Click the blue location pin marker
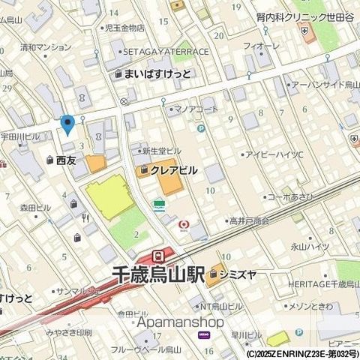67,124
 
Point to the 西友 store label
66,160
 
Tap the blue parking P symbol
200,128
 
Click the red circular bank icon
183,224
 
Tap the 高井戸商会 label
249,221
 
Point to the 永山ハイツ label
310,246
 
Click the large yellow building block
110,198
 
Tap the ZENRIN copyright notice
300,354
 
